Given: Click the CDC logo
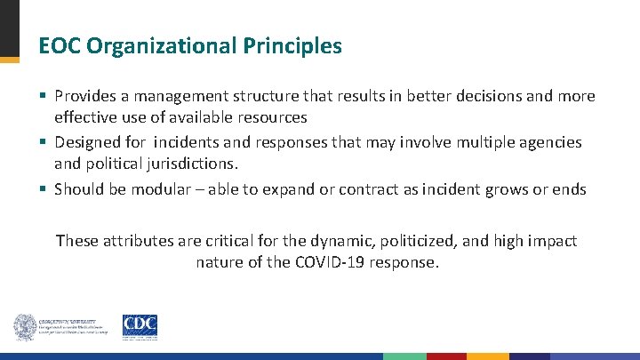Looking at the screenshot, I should pos(140,326).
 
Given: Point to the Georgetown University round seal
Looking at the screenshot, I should pos(25,327).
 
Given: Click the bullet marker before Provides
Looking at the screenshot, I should pos(44,96).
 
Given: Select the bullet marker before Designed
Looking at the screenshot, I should pos(44,142).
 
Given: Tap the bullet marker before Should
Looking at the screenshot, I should pos(44,188).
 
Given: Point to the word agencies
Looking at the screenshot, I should pos(550,142).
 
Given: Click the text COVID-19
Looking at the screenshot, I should pos(334,263).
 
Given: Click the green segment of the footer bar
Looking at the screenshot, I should pos(404,356).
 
